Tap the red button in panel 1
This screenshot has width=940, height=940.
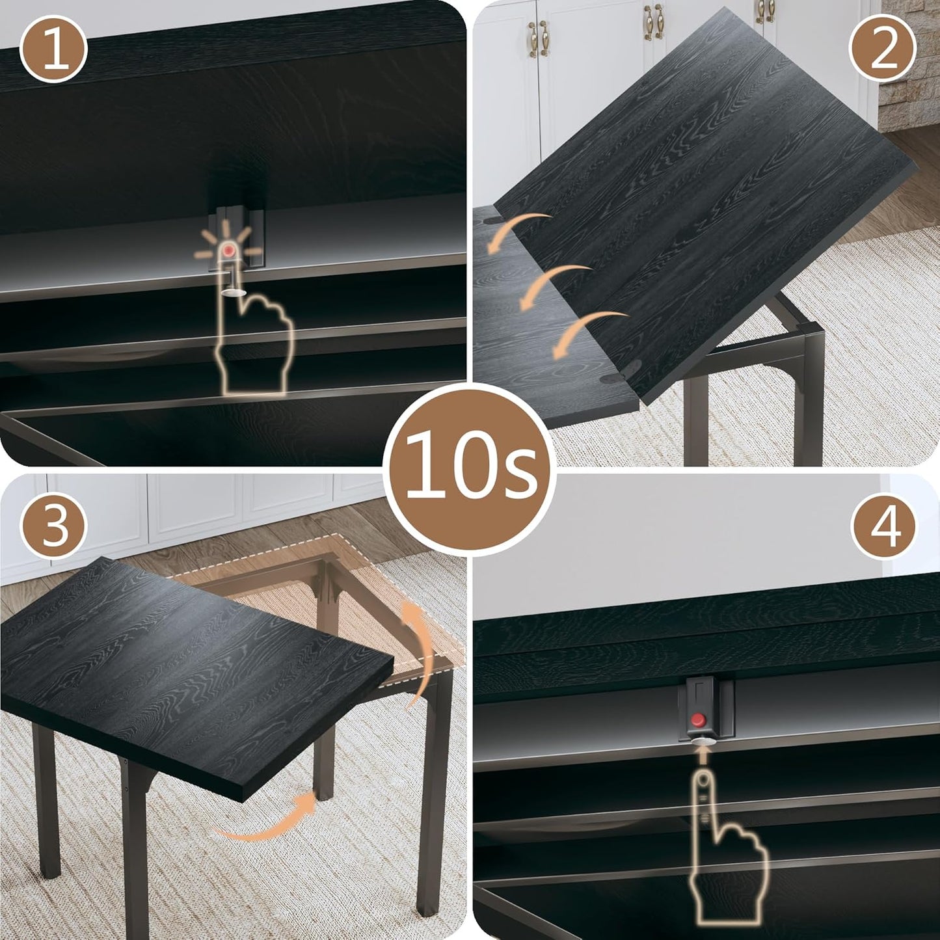click(229, 250)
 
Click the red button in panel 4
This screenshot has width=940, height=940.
click(698, 719)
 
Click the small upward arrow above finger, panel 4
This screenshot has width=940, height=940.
click(702, 755)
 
